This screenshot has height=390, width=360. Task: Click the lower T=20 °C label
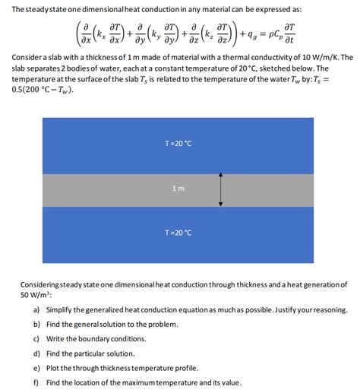179,233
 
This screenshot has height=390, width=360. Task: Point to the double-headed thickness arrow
220,189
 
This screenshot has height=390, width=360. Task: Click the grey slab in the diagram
114,189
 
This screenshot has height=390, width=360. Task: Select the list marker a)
36,310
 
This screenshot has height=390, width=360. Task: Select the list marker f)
36,382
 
